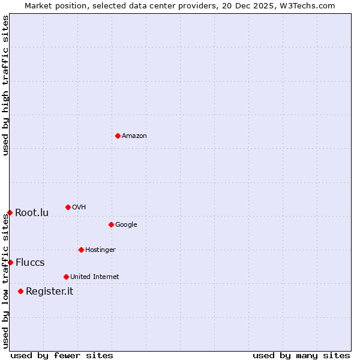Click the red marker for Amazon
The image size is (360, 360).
click(118, 136)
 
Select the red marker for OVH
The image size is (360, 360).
click(68, 207)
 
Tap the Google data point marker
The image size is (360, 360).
click(111, 224)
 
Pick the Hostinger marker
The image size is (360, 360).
click(81, 250)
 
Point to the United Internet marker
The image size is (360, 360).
click(66, 277)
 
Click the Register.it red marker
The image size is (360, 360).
click(20, 291)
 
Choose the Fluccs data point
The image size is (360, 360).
click(10, 262)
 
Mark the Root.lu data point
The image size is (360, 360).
click(10, 212)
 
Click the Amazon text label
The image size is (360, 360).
click(134, 136)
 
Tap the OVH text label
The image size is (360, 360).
click(79, 207)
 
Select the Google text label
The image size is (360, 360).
click(126, 224)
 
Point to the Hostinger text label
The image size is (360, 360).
click(100, 250)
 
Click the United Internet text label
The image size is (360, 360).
click(95, 277)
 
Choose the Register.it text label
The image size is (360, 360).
click(49, 291)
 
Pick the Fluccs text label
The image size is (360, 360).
click(30, 262)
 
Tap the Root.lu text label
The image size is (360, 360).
click(32, 212)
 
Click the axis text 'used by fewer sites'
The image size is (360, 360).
click(62, 355)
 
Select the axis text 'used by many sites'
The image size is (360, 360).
click(301, 355)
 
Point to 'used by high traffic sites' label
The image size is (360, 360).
click(5, 85)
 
